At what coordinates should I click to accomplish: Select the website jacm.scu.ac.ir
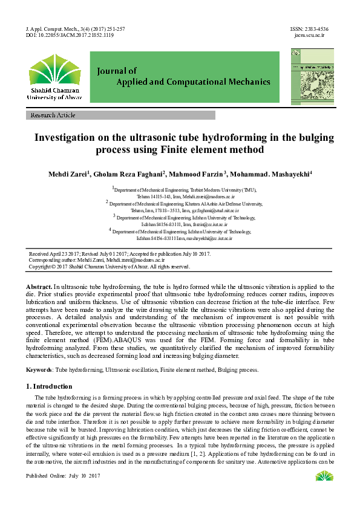(x=310, y=36)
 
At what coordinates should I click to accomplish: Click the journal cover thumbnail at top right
(x=312, y=76)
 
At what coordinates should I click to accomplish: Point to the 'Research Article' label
(x=53, y=115)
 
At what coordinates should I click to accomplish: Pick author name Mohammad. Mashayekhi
(x=270, y=174)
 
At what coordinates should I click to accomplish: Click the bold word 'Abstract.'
(x=39, y=287)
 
